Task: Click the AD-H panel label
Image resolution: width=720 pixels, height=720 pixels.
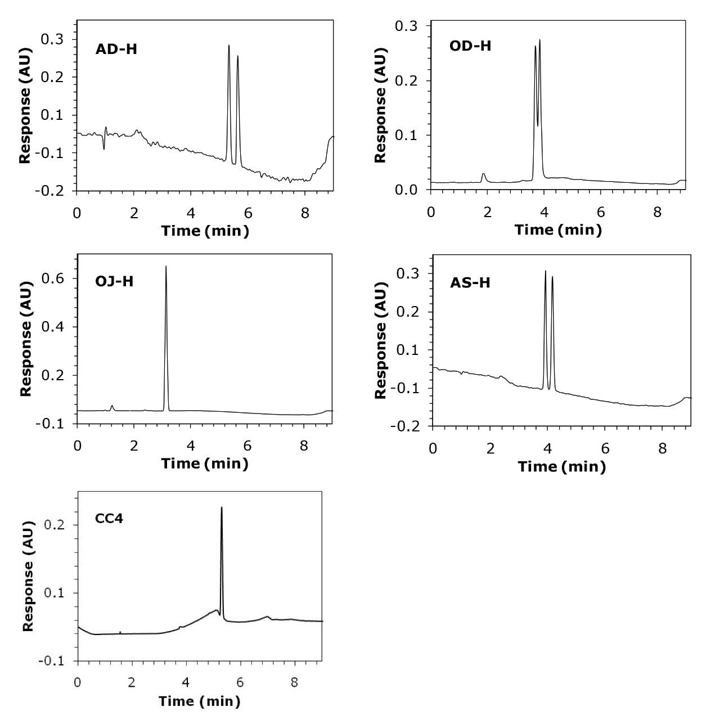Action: pyautogui.click(x=116, y=49)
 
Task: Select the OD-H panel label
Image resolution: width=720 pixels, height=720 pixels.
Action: pyautogui.click(x=470, y=46)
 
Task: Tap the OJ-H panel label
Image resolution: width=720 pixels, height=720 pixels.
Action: pyautogui.click(x=114, y=281)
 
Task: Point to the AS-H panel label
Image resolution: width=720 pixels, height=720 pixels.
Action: pyautogui.click(x=470, y=282)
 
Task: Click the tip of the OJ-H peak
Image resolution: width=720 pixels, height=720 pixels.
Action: pyautogui.click(x=166, y=267)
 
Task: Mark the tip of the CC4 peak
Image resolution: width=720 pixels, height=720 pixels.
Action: pyautogui.click(x=222, y=507)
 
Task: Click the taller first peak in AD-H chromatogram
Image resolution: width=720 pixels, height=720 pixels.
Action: pyautogui.click(x=229, y=46)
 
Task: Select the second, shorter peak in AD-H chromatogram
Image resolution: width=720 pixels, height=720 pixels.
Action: pyautogui.click(x=238, y=56)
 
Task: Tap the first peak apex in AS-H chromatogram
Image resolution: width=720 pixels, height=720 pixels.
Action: pyautogui.click(x=545, y=271)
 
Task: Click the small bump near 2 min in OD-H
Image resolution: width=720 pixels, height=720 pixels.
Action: pyautogui.click(x=483, y=174)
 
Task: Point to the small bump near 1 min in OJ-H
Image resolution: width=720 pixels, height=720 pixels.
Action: pyautogui.click(x=112, y=406)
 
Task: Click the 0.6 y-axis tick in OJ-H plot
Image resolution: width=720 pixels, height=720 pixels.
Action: pyautogui.click(x=55, y=279)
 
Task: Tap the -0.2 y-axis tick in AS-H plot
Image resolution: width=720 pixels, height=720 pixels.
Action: pyautogui.click(x=408, y=426)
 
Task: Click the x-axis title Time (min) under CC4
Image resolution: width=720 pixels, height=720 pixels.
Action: pyautogui.click(x=199, y=701)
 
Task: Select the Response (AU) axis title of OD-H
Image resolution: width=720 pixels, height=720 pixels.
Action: pyautogui.click(x=381, y=105)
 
